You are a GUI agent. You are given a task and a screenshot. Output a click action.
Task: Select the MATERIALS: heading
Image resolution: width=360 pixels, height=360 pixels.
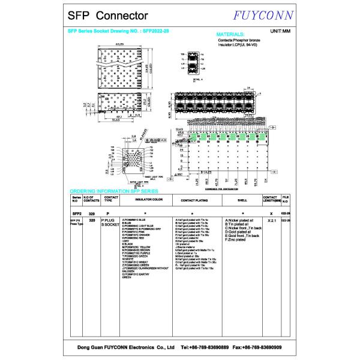[x=230, y=35]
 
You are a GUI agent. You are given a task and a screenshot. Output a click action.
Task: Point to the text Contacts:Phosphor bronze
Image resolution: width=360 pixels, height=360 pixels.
[x=239, y=40]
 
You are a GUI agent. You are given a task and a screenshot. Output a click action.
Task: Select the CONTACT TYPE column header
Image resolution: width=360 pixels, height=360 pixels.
[x=110, y=198]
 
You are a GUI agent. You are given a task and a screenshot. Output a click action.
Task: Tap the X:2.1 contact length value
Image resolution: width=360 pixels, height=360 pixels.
[x=271, y=221]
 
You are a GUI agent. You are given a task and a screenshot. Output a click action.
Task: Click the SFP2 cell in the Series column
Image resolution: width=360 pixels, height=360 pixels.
[x=77, y=213]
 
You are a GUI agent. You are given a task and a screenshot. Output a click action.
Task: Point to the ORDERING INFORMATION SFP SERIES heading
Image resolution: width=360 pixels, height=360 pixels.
[x=114, y=190]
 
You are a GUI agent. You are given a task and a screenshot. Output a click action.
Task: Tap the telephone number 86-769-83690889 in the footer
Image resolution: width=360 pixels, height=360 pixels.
[x=200, y=347]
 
